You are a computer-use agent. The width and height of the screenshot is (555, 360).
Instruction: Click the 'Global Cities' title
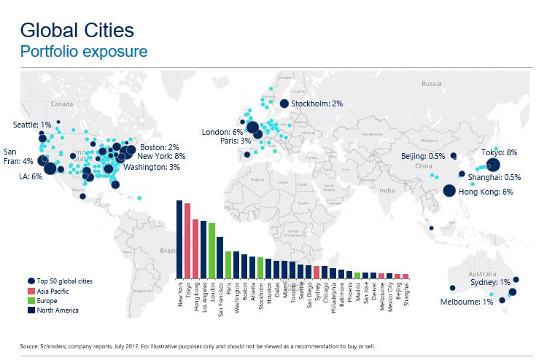click(77, 31)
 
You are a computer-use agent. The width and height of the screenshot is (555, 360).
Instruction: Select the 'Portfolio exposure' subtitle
click(84, 52)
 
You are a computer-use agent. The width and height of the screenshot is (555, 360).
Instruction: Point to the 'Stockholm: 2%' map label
click(317, 103)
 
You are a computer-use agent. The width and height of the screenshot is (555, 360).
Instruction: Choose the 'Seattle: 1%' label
click(36, 125)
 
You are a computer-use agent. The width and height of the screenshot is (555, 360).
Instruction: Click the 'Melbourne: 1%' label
click(465, 302)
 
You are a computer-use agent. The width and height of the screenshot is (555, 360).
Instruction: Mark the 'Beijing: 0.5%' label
click(423, 156)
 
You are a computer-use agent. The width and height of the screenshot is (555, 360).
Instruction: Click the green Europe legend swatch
click(30, 300)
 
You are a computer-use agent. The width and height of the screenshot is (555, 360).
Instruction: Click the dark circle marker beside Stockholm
click(284, 103)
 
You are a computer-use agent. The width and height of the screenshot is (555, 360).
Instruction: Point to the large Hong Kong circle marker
click(449, 191)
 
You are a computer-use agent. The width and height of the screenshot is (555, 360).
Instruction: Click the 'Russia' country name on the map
click(432, 83)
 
